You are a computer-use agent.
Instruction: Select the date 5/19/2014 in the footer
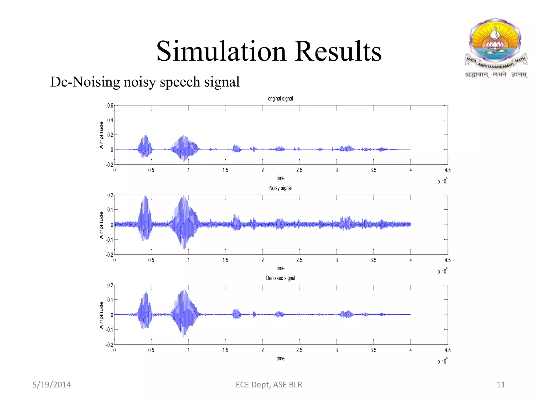[x=51, y=385]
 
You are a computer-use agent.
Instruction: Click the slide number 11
[x=501, y=385]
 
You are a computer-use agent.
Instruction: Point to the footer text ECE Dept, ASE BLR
[x=269, y=385]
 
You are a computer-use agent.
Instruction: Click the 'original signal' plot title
[x=280, y=99]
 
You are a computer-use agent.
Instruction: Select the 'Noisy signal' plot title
[x=280, y=188]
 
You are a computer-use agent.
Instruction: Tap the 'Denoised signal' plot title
[x=280, y=278]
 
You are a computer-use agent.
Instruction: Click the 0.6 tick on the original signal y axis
[x=110, y=105]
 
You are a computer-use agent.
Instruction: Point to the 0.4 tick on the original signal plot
[x=110, y=120]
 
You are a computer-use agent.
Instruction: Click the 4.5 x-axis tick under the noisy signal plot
[x=447, y=260]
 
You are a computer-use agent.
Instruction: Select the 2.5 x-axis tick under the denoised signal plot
[x=299, y=350]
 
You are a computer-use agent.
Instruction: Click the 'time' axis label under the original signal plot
[x=280, y=178]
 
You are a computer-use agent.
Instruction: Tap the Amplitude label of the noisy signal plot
[x=101, y=225]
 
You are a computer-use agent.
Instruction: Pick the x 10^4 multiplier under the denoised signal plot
[x=443, y=361]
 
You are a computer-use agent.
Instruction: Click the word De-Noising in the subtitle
[x=85, y=82]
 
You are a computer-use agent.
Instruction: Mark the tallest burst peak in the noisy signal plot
[x=184, y=196]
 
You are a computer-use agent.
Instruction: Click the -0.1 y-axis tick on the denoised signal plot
[x=109, y=330]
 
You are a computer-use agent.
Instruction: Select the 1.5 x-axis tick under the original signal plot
[x=225, y=170]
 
